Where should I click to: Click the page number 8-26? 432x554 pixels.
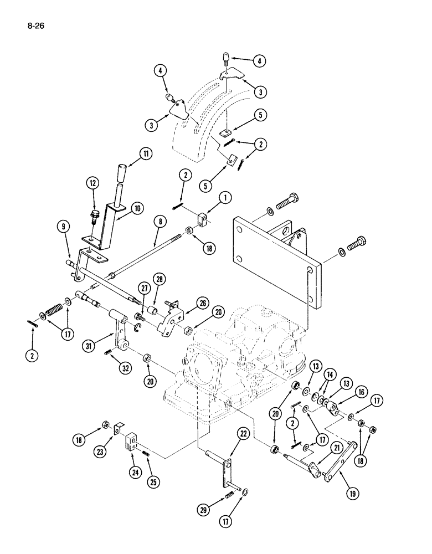point(34,25)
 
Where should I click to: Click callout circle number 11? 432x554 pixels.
point(145,155)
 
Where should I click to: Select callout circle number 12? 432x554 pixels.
point(92,183)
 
